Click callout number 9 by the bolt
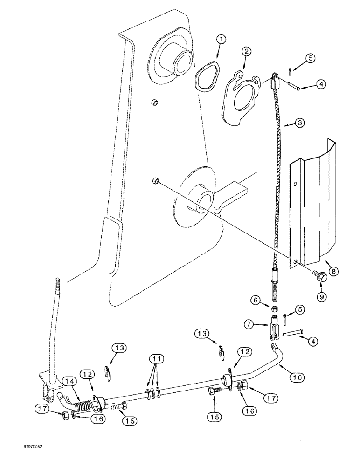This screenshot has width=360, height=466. click(x=321, y=295)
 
